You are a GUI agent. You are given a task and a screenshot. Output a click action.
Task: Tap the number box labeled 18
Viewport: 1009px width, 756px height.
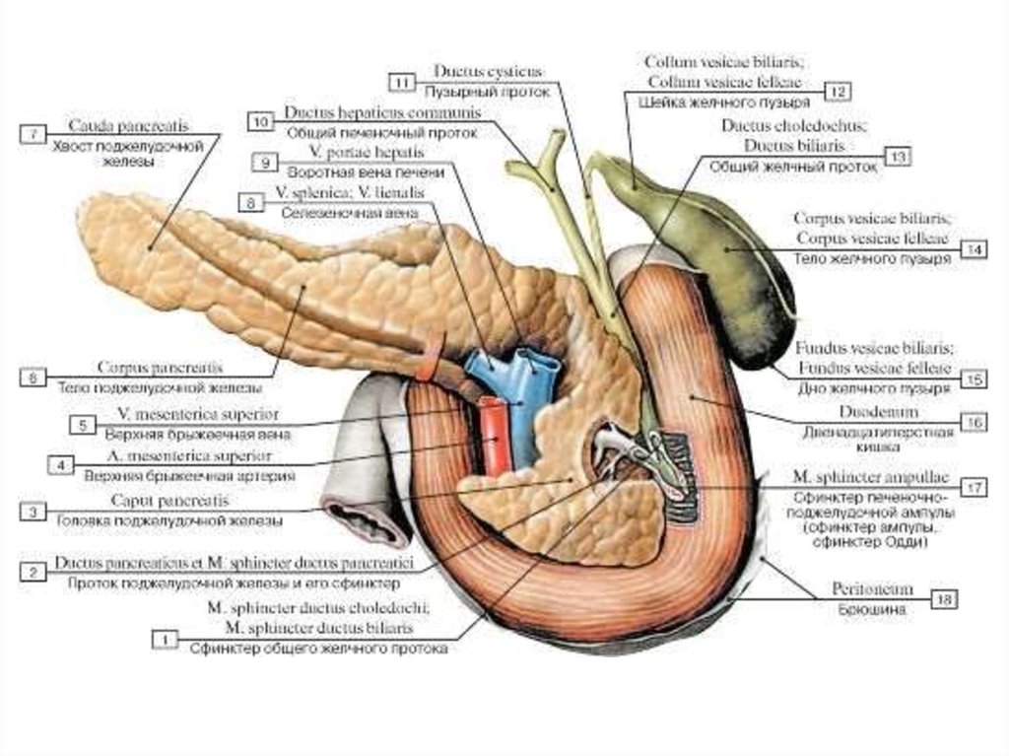(945, 597)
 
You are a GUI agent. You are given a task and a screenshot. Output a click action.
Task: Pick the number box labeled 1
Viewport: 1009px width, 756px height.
(164, 641)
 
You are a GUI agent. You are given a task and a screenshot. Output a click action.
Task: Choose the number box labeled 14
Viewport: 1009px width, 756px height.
(974, 250)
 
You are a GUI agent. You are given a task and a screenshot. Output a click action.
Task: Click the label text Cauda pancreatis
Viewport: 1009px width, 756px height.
(128, 127)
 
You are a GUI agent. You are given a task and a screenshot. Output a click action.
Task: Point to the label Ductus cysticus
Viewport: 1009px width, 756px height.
(487, 73)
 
